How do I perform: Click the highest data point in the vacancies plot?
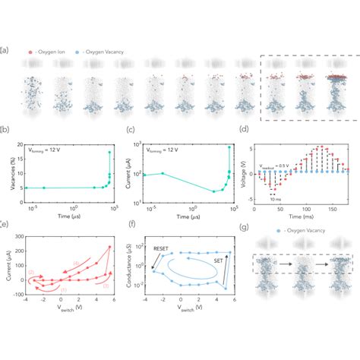pyautogui.click(x=110, y=152)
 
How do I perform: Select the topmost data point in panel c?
pyautogui.click(x=229, y=147)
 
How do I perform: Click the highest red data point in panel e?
pyautogui.click(x=110, y=246)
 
